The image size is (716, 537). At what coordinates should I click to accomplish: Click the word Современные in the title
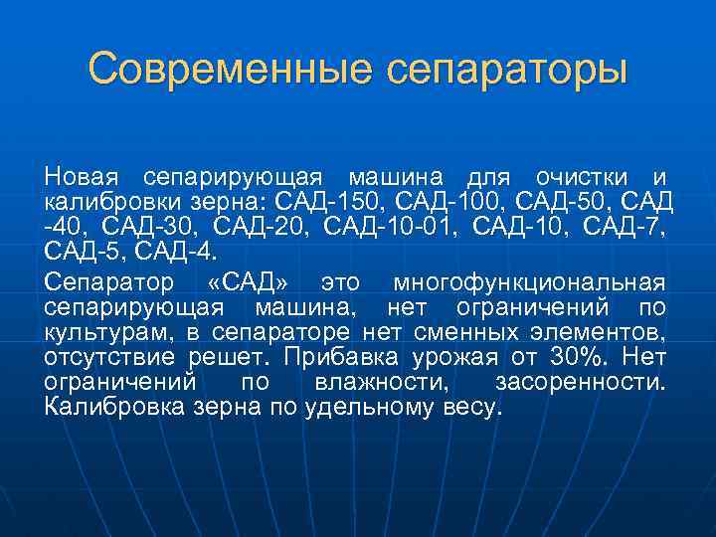click(x=229, y=70)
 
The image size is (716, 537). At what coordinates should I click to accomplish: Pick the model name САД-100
click(x=464, y=202)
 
